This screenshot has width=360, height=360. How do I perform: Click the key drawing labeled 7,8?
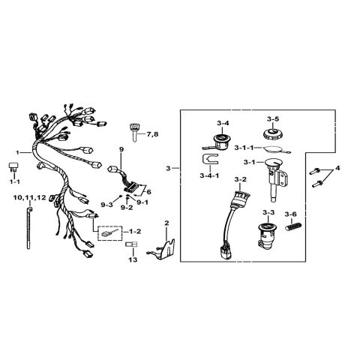(134, 132)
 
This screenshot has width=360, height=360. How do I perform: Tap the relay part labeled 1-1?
(13, 167)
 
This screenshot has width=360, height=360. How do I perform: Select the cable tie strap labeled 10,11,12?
(28, 228)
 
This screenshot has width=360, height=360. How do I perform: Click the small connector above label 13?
(131, 244)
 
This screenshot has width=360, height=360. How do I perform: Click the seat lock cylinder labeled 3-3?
(266, 235)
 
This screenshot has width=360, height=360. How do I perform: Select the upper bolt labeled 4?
(315, 172)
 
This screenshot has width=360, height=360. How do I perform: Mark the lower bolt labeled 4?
(317, 184)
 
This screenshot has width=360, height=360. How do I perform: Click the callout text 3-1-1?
(244, 148)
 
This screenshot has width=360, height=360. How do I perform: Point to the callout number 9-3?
(106, 205)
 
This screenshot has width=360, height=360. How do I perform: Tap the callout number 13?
(133, 259)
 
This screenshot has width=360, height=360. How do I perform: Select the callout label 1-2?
(135, 232)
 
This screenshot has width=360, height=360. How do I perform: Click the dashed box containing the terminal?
(110, 233)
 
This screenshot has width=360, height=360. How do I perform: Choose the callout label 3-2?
(240, 179)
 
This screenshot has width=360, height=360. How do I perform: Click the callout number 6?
(148, 192)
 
